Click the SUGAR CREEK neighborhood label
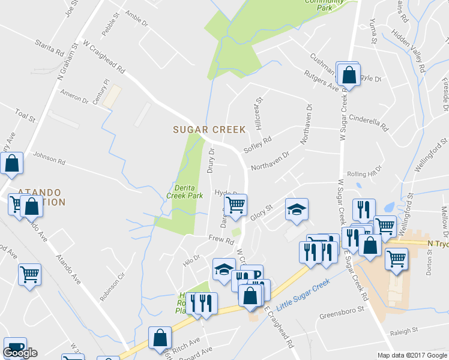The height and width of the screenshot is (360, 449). pos(209,129)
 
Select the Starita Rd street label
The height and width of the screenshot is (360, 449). pos(50,49)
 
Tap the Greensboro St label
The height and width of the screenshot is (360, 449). pos(342,314)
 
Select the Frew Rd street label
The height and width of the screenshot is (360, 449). pos(220,239)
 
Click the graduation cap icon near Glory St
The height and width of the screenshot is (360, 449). pos(296,209)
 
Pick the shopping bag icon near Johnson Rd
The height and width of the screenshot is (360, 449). pos(11,163)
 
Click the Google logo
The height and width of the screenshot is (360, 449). pos(20,353)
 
